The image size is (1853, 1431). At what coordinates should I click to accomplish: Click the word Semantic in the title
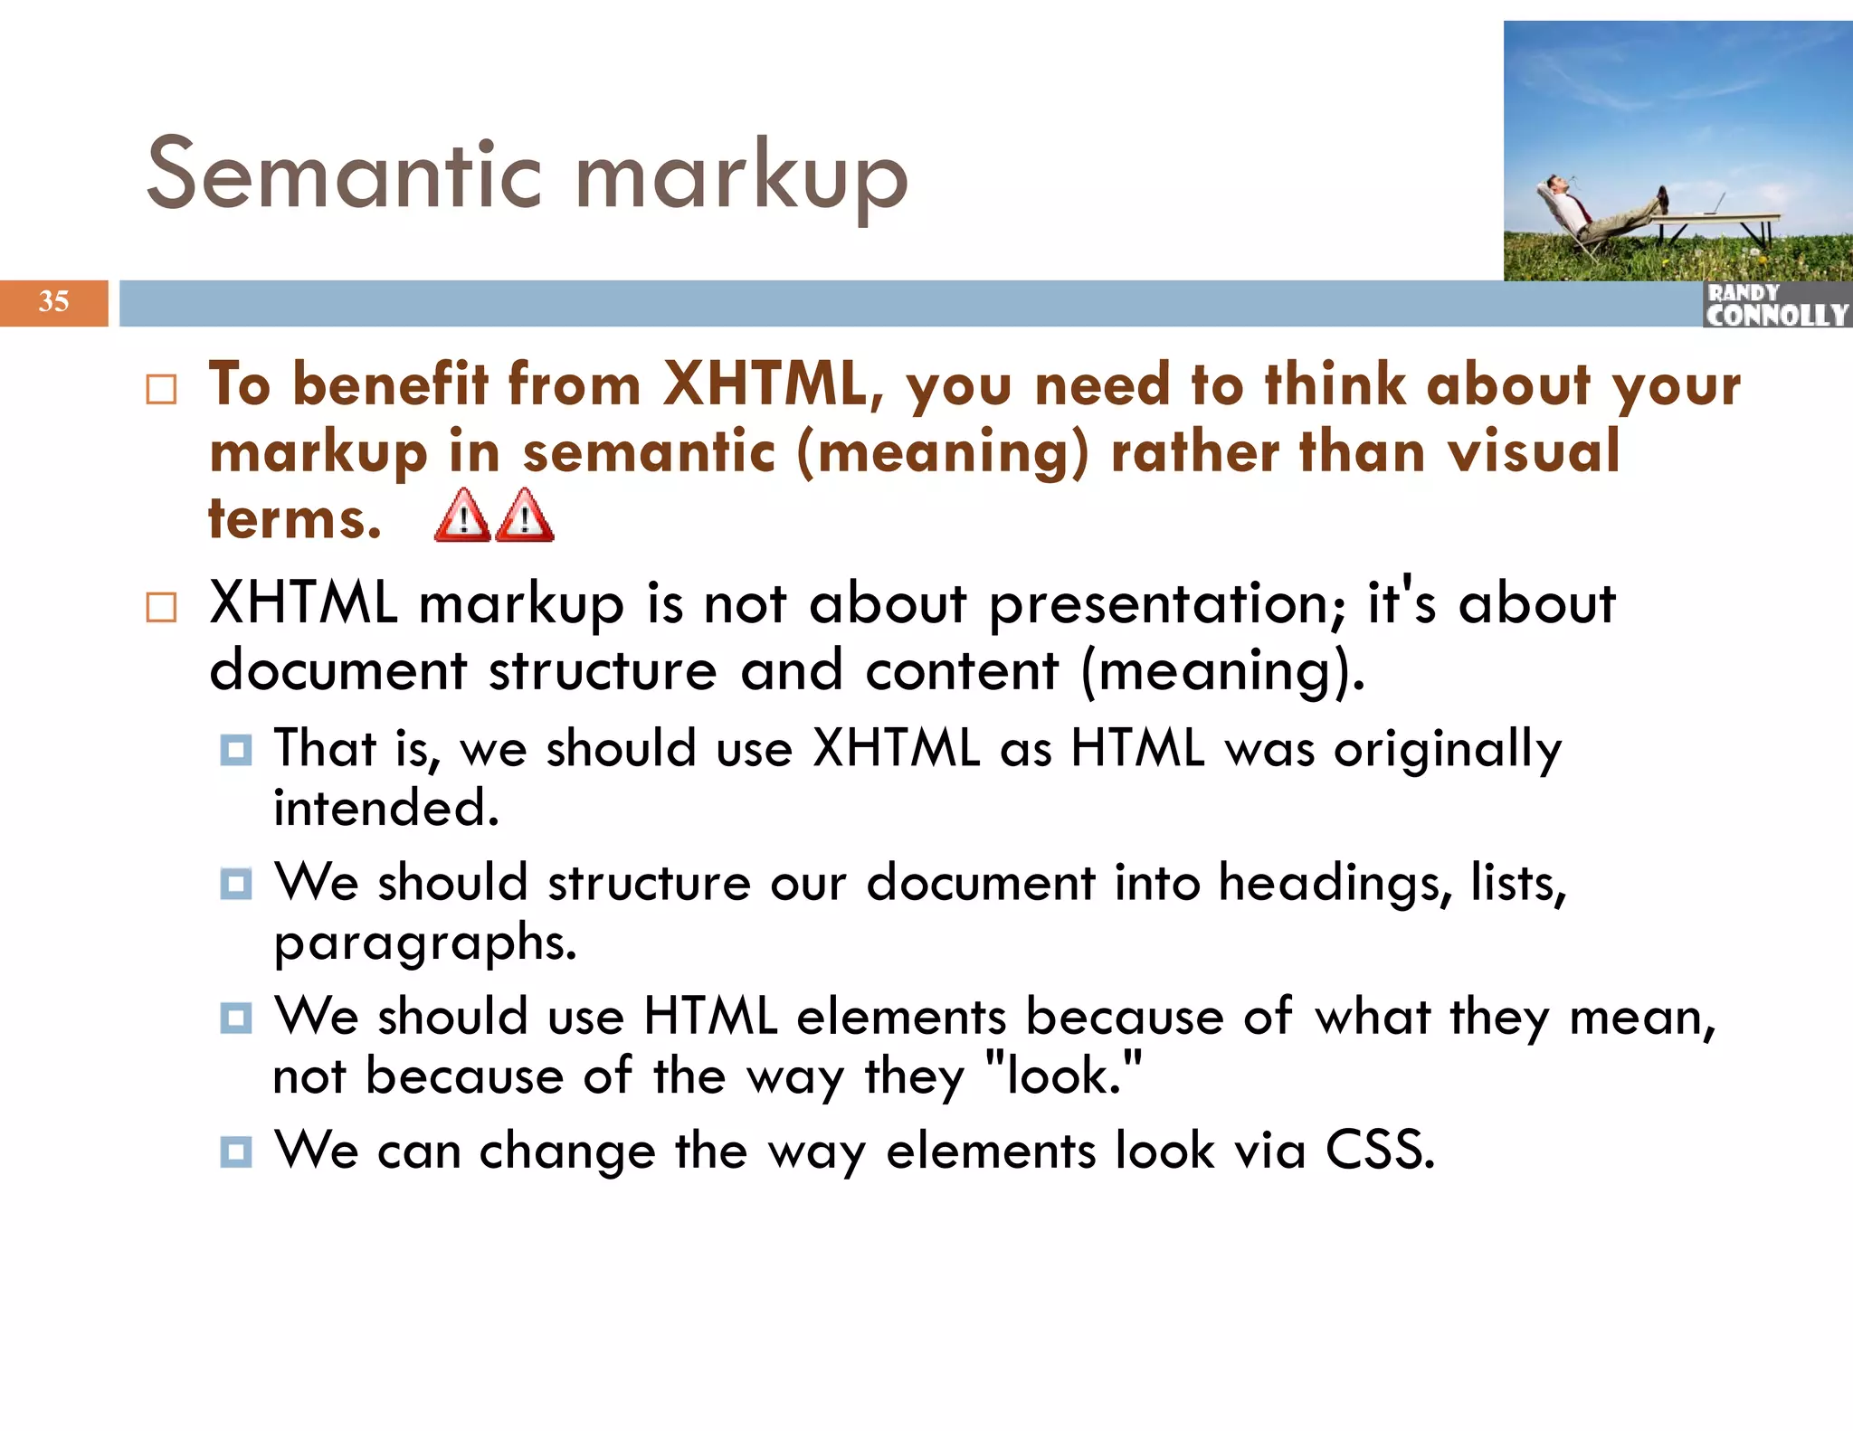pos(344,174)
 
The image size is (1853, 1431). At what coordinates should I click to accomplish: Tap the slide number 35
pos(54,301)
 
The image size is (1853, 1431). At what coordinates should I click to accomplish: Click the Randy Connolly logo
pos(1776,305)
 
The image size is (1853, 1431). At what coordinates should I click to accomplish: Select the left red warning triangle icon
pos(462,516)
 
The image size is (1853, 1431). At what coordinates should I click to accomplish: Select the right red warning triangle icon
pos(525,516)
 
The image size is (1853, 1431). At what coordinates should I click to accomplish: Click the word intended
pos(386,808)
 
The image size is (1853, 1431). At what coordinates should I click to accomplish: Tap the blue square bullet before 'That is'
pos(236,750)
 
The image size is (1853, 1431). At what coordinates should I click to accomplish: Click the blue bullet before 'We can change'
pos(236,1151)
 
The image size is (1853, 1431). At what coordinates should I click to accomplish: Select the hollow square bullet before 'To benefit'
pos(161,390)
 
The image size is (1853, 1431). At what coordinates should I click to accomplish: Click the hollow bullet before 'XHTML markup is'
pos(161,607)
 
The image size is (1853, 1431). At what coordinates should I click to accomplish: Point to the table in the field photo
pos(1719,220)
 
